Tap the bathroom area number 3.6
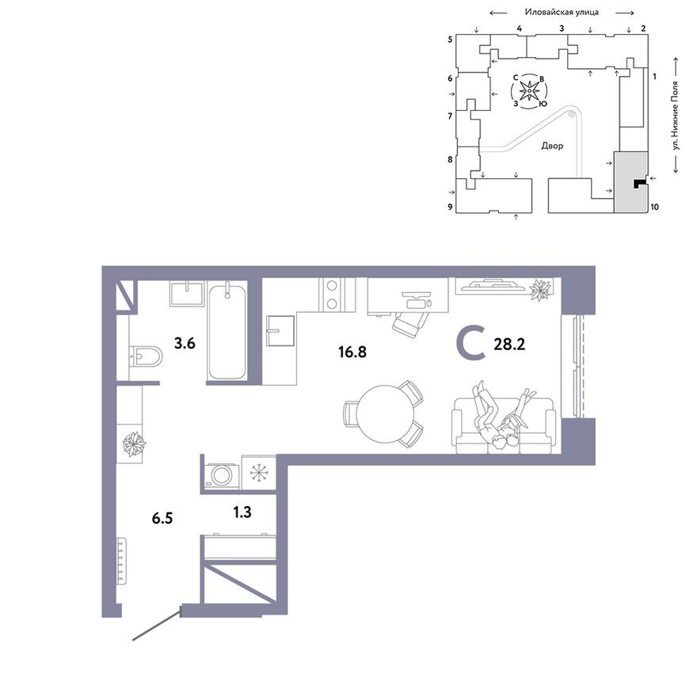coord(185,343)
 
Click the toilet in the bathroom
coord(145,357)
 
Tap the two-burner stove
coord(331,295)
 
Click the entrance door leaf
coord(157,624)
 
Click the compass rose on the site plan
coord(529,90)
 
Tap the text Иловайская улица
coord(562,13)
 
